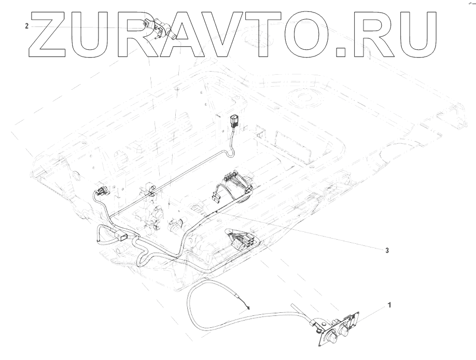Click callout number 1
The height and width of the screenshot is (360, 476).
[x=389, y=306]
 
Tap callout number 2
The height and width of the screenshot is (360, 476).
[x=26, y=25]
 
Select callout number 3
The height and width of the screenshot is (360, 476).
[x=386, y=250]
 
